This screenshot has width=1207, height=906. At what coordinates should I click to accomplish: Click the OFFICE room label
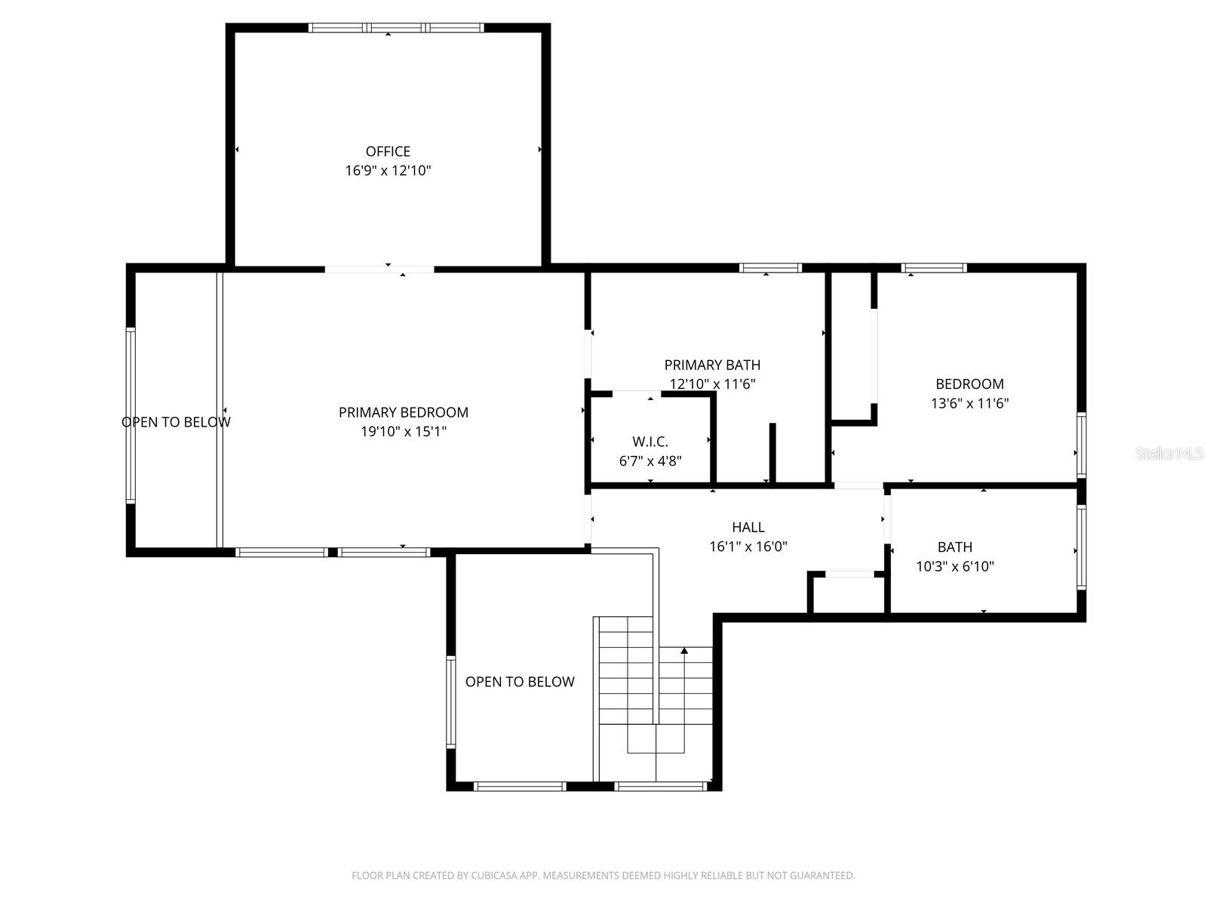click(388, 151)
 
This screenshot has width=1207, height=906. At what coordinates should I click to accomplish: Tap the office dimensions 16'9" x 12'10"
click(388, 171)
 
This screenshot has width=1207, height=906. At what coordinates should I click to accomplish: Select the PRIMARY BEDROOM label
click(403, 412)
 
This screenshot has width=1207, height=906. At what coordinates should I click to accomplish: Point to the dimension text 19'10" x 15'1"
click(403, 432)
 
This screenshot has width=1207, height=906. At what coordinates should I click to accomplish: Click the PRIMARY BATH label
click(712, 365)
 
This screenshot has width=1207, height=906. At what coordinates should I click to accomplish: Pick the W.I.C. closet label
click(650, 442)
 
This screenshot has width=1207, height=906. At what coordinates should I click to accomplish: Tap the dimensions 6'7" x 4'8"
click(650, 461)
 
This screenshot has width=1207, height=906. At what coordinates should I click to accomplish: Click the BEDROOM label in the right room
click(969, 384)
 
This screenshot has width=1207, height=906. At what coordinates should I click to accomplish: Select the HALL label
click(748, 527)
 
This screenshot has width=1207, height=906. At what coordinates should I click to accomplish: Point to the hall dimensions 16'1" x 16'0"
click(748, 547)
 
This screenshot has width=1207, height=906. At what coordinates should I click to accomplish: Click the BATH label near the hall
click(954, 547)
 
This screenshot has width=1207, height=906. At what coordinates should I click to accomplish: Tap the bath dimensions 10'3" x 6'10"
click(954, 566)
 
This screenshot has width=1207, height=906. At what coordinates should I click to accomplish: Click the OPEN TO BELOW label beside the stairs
click(520, 682)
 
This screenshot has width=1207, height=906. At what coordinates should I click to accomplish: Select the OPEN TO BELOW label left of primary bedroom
click(176, 422)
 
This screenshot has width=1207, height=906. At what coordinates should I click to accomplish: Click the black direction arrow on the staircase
click(684, 650)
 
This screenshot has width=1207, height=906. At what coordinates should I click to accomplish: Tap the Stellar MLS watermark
click(1169, 454)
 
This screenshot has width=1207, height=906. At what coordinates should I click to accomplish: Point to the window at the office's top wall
click(396, 28)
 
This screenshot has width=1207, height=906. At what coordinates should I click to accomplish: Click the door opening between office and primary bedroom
click(379, 269)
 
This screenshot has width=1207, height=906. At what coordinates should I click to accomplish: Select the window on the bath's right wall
click(1081, 547)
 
